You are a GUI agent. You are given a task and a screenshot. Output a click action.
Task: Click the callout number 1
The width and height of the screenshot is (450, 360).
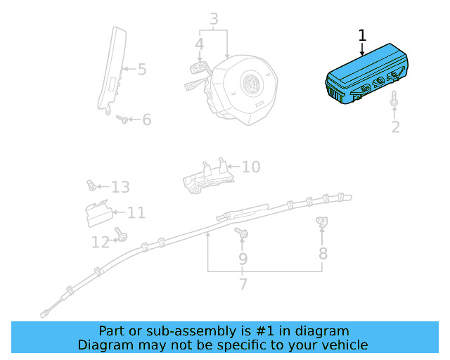click(362, 35)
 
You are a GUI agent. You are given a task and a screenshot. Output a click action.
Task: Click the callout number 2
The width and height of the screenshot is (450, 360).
click(395, 127)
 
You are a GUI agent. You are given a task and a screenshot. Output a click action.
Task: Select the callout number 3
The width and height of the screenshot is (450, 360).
click(214, 19)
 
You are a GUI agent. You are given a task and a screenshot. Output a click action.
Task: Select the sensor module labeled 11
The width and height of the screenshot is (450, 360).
click(96, 213)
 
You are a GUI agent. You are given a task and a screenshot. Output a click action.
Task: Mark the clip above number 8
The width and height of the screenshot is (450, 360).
click(322, 223)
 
